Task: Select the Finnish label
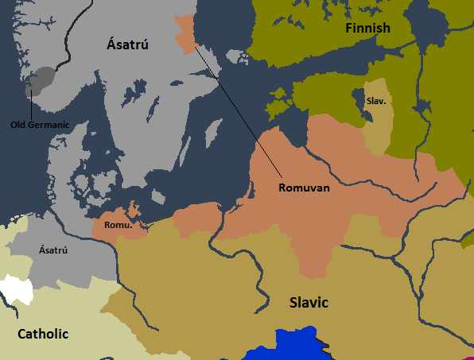point(367,29)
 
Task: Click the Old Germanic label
point(40,124)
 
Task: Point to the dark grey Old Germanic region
point(42,79)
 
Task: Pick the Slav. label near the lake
point(376,102)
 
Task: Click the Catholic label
point(43,334)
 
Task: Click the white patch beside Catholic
point(17,289)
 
